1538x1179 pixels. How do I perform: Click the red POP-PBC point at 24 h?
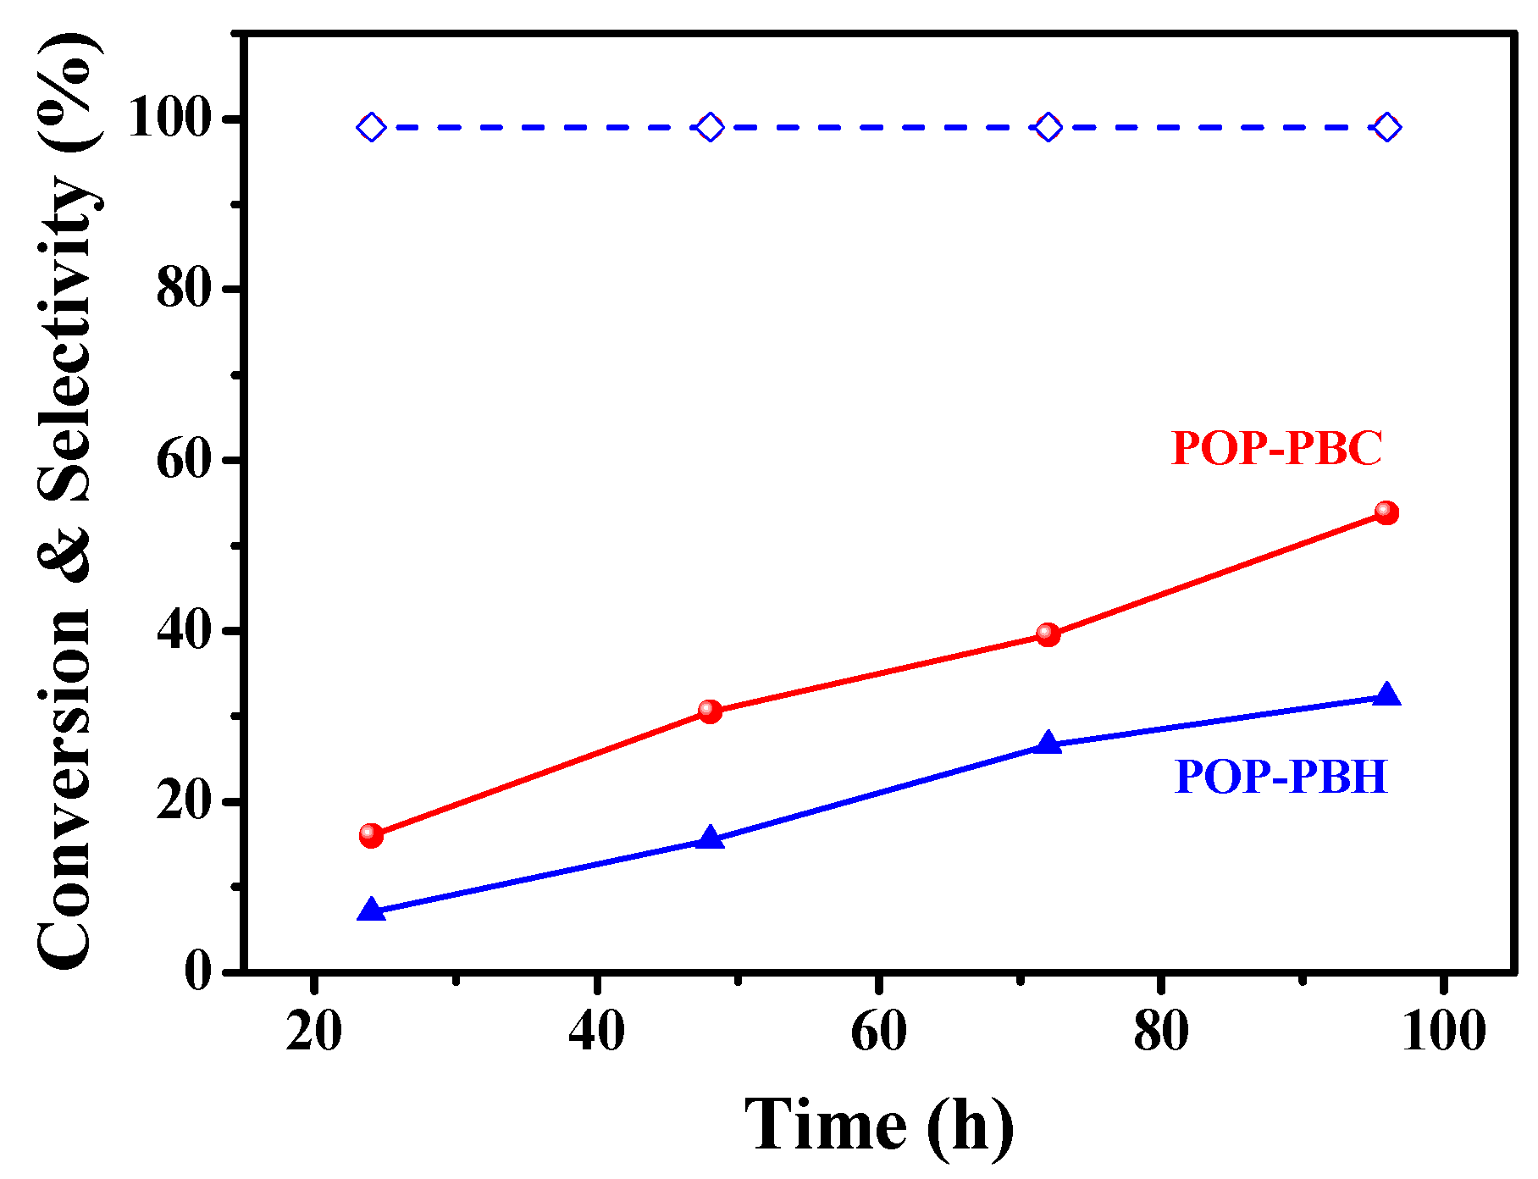(x=371, y=835)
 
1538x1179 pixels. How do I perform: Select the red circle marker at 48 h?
(x=710, y=711)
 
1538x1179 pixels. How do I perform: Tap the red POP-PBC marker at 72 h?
(x=1048, y=634)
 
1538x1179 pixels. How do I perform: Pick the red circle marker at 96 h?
(x=1386, y=512)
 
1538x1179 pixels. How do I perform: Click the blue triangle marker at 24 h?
(x=371, y=911)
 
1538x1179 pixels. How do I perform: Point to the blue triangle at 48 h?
(x=710, y=839)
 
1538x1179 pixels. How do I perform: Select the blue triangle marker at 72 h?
(x=1048, y=744)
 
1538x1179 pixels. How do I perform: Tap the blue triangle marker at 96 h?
(x=1386, y=695)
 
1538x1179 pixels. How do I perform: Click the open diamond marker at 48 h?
(x=710, y=128)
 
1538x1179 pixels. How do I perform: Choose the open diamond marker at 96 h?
(x=1386, y=128)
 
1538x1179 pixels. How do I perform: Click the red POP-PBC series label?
(x=1276, y=448)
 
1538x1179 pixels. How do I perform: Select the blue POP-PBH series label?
(x=1281, y=776)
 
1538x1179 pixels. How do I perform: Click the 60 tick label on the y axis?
(x=183, y=461)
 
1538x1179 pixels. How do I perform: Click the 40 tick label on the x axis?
(x=596, y=1032)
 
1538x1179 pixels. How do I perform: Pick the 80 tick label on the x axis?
(x=1160, y=1032)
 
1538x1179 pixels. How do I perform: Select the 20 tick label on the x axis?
(x=313, y=1032)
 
